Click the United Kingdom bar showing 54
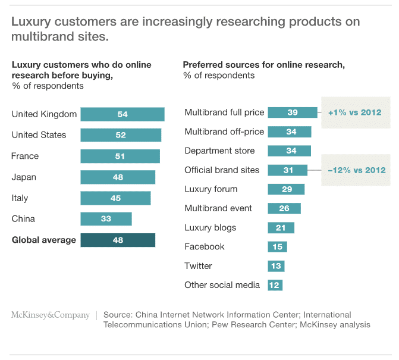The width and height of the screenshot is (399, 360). click(x=122, y=114)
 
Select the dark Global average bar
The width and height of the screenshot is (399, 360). click(x=118, y=240)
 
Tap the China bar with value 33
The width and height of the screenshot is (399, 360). click(x=106, y=219)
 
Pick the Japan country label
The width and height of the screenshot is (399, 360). click(x=24, y=177)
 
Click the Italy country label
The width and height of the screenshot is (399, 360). click(x=20, y=198)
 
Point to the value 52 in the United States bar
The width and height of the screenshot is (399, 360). click(x=121, y=135)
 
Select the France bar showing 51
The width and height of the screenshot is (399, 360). click(x=120, y=156)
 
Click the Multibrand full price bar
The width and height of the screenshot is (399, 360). click(x=293, y=112)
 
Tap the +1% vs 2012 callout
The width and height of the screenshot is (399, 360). click(x=354, y=112)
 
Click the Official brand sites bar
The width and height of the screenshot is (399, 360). click(x=288, y=170)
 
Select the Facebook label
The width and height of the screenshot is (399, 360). click(x=204, y=246)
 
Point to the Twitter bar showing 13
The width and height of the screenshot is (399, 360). click(x=276, y=266)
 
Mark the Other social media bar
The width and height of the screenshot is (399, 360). click(x=275, y=285)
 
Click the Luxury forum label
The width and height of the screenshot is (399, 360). click(x=211, y=189)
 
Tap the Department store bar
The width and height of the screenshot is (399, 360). click(x=290, y=151)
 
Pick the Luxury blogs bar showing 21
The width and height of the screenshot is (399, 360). click(x=281, y=227)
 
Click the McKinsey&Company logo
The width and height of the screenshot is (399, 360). click(x=51, y=315)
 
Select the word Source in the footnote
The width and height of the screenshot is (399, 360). click(x=118, y=314)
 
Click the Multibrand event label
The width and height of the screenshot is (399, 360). click(x=218, y=208)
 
